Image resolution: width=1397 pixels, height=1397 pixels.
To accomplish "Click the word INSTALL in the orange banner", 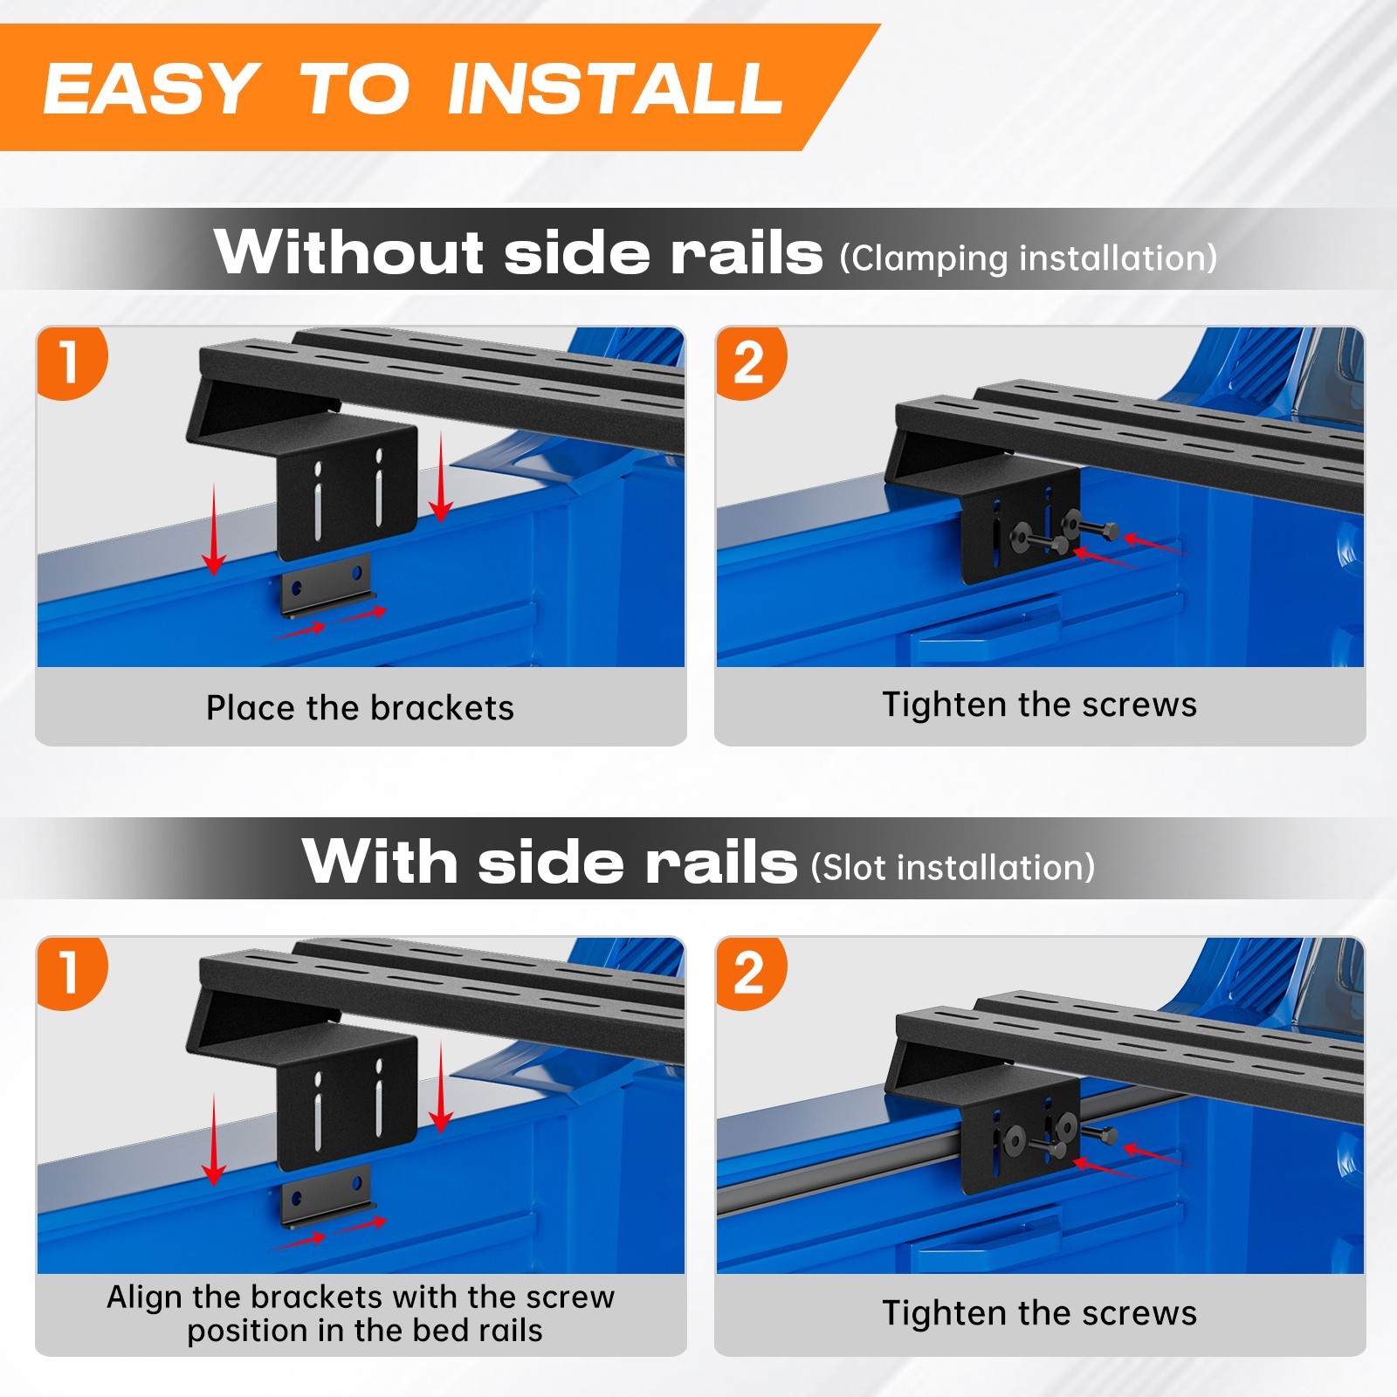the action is (x=615, y=88).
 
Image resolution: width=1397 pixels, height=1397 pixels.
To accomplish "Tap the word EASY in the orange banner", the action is (x=151, y=88).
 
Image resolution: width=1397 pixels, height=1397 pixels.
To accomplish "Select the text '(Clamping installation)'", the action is (x=1029, y=258).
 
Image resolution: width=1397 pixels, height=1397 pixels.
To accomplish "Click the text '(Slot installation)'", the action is (x=953, y=868).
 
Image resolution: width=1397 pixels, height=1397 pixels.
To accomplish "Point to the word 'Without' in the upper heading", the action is (x=349, y=251).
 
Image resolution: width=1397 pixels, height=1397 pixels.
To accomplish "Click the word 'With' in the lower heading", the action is (x=380, y=861).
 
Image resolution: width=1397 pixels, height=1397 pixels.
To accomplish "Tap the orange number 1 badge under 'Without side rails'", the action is (x=71, y=362).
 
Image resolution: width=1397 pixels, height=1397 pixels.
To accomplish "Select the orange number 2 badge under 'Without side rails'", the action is (x=750, y=362).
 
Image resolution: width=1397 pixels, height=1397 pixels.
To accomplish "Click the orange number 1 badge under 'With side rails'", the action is (x=71, y=973).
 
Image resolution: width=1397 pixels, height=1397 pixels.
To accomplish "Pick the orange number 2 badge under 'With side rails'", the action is (x=750, y=973).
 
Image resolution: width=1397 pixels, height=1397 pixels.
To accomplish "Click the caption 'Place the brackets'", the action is (x=360, y=707).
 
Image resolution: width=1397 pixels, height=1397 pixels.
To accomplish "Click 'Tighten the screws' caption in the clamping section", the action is (x=1039, y=704).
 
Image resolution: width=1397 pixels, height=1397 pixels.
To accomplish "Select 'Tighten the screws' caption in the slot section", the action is (x=1039, y=1312).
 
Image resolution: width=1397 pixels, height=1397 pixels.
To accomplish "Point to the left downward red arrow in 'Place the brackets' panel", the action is (x=214, y=530).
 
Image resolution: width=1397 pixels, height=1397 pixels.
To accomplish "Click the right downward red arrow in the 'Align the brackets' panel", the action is (x=441, y=1087).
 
